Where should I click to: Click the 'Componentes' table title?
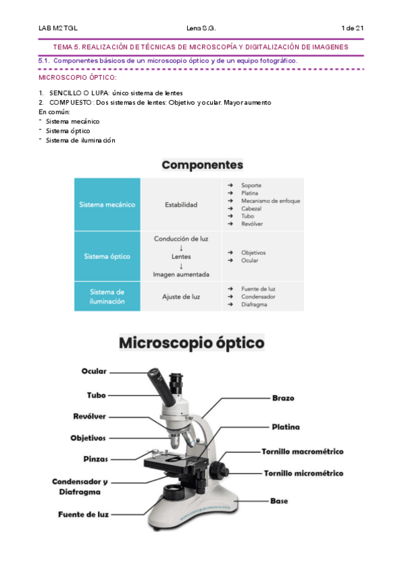(x=202, y=164)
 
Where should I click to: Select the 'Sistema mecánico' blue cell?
(x=107, y=205)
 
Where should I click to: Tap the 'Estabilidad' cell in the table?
(x=181, y=205)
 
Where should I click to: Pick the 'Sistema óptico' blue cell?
(x=107, y=256)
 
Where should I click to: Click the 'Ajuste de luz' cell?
(x=181, y=296)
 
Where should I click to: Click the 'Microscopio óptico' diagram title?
(x=192, y=343)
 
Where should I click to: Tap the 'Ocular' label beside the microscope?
(x=94, y=371)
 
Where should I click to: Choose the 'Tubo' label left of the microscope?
(x=96, y=395)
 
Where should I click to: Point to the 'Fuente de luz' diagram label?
(x=83, y=515)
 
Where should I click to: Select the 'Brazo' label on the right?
(x=283, y=398)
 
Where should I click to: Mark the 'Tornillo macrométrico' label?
(x=302, y=452)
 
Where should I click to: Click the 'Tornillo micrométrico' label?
(x=303, y=473)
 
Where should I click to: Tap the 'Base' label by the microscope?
(x=279, y=501)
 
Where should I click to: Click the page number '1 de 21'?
(x=352, y=28)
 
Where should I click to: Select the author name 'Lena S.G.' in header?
(x=201, y=28)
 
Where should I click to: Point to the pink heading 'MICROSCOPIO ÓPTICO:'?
(x=78, y=78)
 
